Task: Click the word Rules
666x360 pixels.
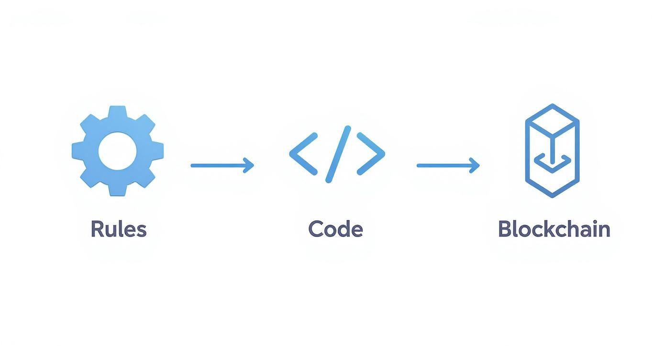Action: tap(118, 229)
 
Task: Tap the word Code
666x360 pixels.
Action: tap(335, 229)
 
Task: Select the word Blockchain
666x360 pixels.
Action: tap(554, 229)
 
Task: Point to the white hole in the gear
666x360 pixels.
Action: tap(118, 151)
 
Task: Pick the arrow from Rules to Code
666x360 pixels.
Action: tap(222, 165)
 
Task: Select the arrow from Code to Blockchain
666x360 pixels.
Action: tap(448, 165)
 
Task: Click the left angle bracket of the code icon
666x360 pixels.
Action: tap(303, 154)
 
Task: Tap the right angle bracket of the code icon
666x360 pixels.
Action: tap(371, 154)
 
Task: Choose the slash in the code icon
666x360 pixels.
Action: tap(338, 154)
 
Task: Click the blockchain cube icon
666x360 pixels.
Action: tap(552, 150)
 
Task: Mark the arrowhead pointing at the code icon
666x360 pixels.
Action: tap(249, 165)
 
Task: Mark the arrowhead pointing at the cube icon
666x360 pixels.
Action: tap(475, 165)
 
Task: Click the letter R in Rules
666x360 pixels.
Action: tap(97, 229)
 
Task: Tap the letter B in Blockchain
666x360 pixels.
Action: tap(505, 229)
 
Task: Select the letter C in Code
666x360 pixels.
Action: tap(316, 229)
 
